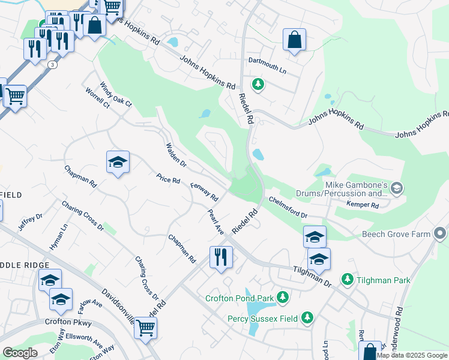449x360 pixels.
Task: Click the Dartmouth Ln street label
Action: click(x=267, y=69)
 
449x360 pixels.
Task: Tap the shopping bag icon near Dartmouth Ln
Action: click(x=294, y=40)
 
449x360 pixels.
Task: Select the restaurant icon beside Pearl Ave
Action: click(x=221, y=257)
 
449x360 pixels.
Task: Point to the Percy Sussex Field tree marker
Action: click(x=307, y=316)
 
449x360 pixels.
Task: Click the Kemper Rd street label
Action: click(x=363, y=205)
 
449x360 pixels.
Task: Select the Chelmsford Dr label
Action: click(x=288, y=208)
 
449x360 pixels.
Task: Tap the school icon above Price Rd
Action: click(x=118, y=162)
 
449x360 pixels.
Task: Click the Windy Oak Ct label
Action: click(x=115, y=95)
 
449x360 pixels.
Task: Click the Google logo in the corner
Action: click(x=20, y=353)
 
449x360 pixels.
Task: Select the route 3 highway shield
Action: click(x=53, y=65)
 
